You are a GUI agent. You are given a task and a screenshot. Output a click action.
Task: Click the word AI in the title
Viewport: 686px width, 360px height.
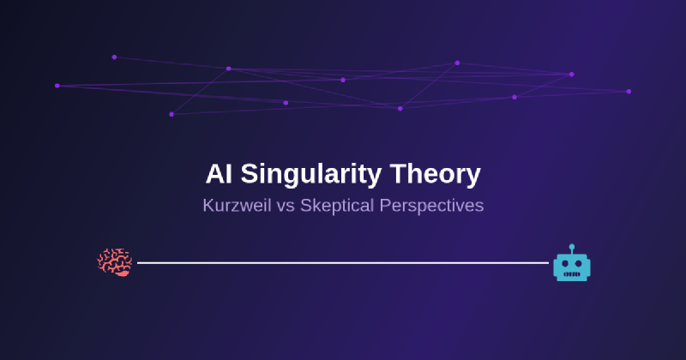point(219,174)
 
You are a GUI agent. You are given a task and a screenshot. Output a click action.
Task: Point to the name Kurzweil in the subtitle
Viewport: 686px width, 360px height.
point(237,206)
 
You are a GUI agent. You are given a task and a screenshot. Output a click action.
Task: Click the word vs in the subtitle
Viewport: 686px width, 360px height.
point(286,207)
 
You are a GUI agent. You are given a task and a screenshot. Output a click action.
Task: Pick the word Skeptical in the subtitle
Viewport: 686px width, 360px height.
point(337,207)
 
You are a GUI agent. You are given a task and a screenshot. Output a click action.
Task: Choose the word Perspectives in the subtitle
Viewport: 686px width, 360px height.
point(431,207)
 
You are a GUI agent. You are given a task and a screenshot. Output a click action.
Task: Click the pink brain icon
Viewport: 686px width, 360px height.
point(115,262)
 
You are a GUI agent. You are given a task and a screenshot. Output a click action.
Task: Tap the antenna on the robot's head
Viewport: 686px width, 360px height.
point(572,249)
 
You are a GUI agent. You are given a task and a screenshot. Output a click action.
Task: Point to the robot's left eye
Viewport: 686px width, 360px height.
point(565,264)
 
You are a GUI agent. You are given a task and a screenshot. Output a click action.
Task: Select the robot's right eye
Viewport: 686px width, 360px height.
point(579,264)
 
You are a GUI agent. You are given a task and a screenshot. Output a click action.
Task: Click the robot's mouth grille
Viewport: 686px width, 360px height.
point(572,274)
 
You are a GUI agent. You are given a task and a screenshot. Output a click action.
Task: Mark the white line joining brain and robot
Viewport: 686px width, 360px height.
point(343,263)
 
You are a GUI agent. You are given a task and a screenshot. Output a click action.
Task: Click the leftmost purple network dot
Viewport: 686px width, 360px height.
point(57,86)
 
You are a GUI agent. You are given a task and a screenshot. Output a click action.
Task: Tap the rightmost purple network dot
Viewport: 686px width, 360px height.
point(629,92)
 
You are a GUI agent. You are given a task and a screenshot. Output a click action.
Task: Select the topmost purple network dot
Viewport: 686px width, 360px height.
point(114,57)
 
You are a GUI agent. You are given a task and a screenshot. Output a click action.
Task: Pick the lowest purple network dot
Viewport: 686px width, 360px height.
point(171,114)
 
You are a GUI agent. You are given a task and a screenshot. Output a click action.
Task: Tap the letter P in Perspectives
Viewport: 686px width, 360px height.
point(385,206)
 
